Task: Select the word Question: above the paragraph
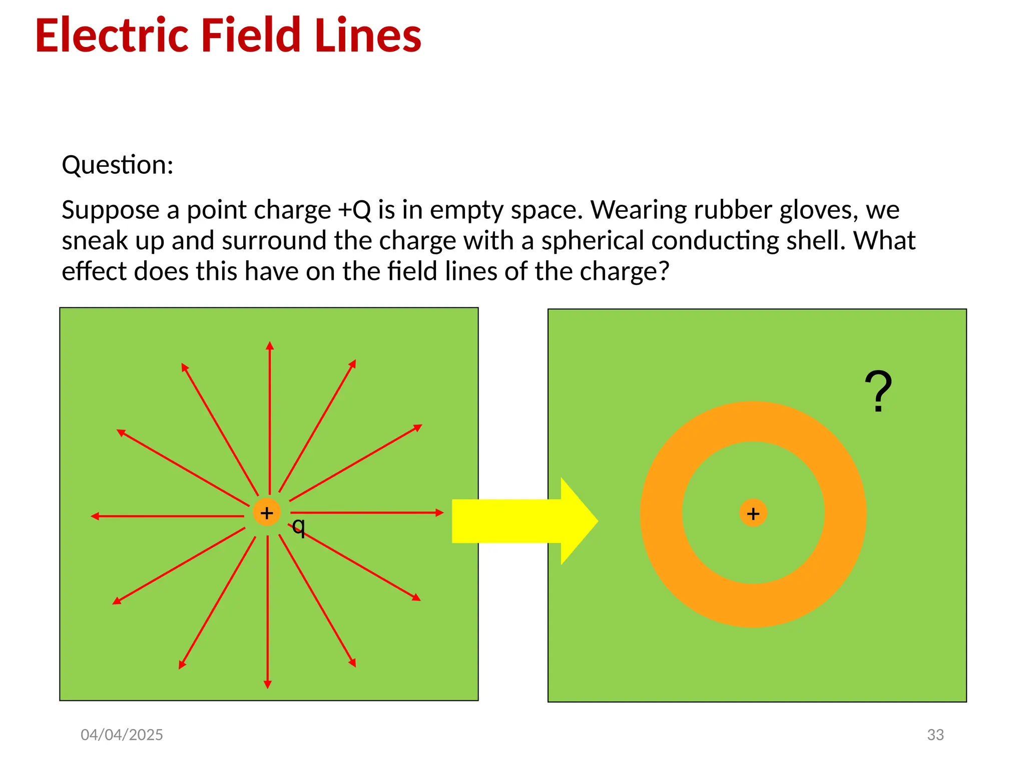(118, 165)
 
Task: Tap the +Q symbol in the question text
(354, 210)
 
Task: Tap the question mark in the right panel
(878, 392)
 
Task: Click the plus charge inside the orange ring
(753, 513)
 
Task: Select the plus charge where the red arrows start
(267, 513)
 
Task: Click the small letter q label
(298, 526)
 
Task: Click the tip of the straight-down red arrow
(268, 686)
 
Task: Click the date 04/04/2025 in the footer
(122, 734)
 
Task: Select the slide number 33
(935, 734)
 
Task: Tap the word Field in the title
(251, 36)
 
